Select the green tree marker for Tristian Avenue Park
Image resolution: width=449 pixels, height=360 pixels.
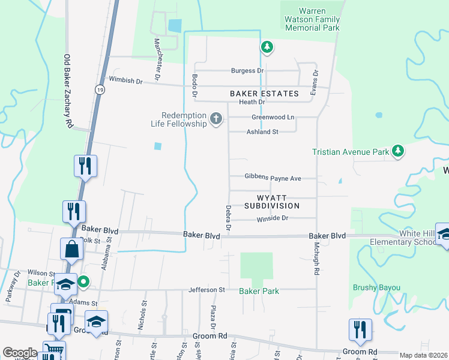coord(397,151)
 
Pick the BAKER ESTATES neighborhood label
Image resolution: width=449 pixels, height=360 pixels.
coord(264,94)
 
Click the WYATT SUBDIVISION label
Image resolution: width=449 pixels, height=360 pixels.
coord(272,201)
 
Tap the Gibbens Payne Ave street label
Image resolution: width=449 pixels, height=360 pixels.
coord(273,178)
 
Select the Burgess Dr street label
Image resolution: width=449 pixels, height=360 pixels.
coord(247,71)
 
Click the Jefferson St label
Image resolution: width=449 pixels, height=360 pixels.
coord(207,290)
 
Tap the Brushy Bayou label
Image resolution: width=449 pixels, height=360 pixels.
coord(376,287)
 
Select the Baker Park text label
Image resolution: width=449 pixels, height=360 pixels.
coord(259,291)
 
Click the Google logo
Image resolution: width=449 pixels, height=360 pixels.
coord(20,353)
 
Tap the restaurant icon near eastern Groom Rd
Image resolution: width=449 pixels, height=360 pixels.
coord(360,329)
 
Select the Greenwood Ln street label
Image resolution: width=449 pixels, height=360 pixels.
coord(273,117)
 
